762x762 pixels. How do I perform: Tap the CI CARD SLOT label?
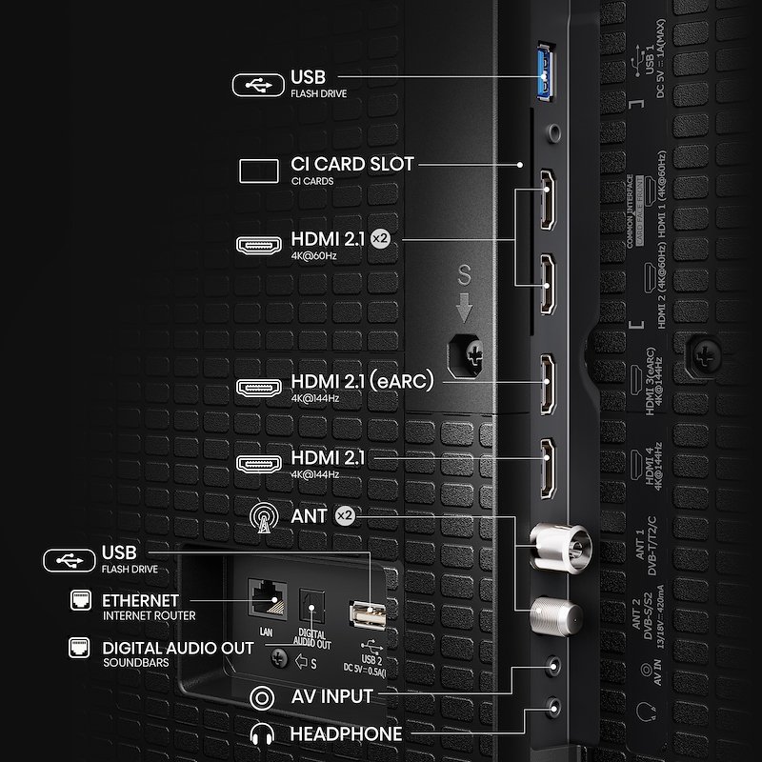click(351, 164)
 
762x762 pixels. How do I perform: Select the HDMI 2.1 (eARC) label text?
click(362, 382)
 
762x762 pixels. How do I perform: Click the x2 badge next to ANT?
click(345, 515)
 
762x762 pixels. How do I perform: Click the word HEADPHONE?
click(346, 733)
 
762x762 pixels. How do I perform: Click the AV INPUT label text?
click(331, 696)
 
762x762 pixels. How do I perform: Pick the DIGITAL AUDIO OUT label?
click(177, 648)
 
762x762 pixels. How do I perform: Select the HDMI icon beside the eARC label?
click(259, 388)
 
